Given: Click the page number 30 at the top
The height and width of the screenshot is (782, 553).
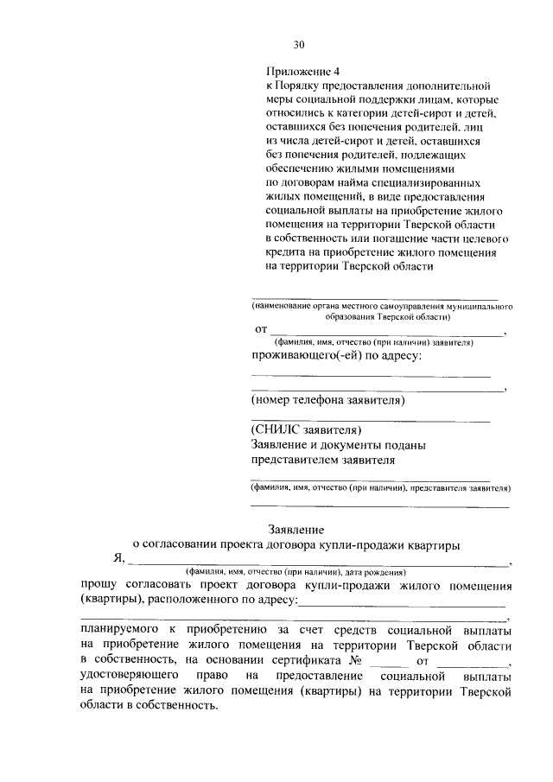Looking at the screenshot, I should pyautogui.click(x=299, y=45).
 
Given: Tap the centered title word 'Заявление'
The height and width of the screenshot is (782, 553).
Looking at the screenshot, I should pyautogui.click(x=298, y=529).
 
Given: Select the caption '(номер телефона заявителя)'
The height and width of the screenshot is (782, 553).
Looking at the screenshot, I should pyautogui.click(x=327, y=400).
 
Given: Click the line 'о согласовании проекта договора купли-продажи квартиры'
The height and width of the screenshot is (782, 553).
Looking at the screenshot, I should pyautogui.click(x=296, y=544).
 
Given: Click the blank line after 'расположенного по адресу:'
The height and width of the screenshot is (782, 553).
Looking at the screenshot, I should pyautogui.click(x=402, y=604).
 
